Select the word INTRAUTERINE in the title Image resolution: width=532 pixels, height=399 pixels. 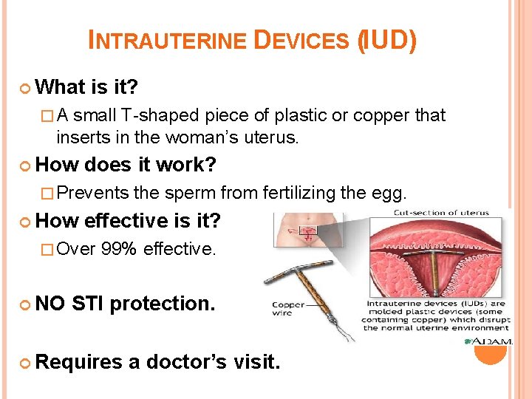tap(167, 41)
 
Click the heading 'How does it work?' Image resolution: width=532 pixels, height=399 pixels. tap(125, 165)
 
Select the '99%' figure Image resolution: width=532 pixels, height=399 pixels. tap(119, 249)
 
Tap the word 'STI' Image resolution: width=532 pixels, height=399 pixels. tap(92, 304)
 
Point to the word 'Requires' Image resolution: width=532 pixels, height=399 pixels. tap(79, 361)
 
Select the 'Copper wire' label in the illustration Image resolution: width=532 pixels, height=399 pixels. tap(287, 309)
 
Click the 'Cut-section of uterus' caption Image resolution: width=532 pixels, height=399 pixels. tap(440, 213)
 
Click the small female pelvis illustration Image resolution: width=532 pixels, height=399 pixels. tap(298, 230)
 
